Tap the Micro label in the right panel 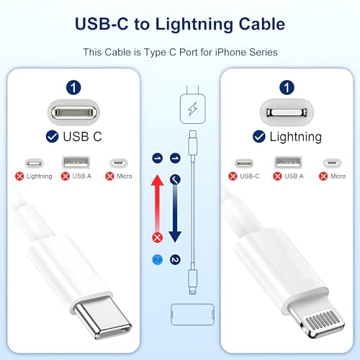[338, 176]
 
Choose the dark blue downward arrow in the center [174, 209]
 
